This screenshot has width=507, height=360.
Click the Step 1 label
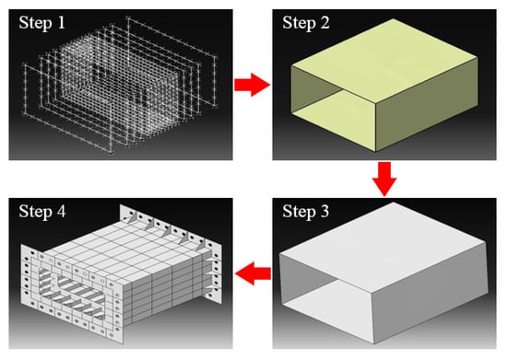pyautogui.click(x=42, y=24)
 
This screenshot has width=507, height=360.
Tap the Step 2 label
pyautogui.click(x=306, y=24)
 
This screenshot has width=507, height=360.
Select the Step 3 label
pyautogui.click(x=306, y=212)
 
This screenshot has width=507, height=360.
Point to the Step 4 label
pyautogui.click(x=42, y=212)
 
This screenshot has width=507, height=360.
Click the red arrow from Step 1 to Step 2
pyautogui.click(x=253, y=85)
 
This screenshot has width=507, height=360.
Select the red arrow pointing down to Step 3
pyautogui.click(x=384, y=180)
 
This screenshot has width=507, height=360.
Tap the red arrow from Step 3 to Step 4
pyautogui.click(x=253, y=273)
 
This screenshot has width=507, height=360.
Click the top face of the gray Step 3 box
pyautogui.click(x=384, y=246)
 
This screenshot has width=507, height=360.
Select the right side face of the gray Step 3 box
pyautogui.click(x=430, y=294)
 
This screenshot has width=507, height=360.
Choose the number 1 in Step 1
pyautogui.click(x=61, y=23)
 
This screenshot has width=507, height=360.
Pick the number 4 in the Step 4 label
pyautogui.click(x=61, y=212)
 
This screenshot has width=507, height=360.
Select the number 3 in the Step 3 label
pyautogui.click(x=324, y=212)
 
